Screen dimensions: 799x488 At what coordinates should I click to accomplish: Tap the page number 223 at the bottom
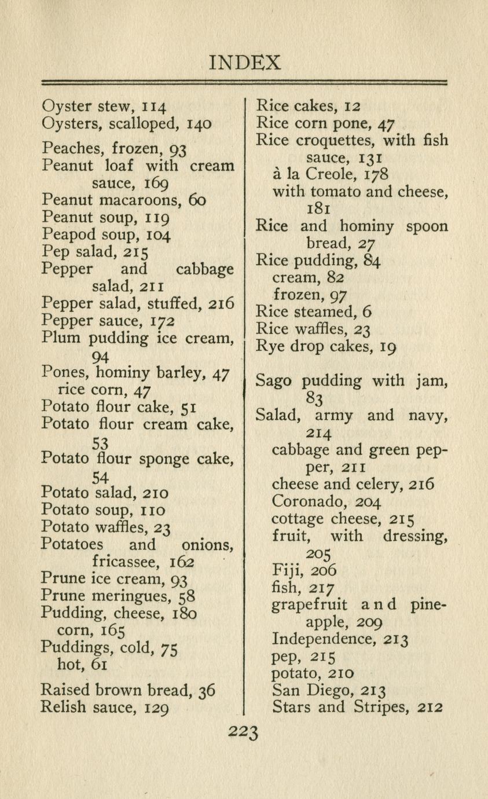(x=244, y=733)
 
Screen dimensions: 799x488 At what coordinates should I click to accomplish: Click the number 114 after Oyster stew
(x=155, y=107)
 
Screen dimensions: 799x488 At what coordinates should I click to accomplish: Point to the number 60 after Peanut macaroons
(x=197, y=201)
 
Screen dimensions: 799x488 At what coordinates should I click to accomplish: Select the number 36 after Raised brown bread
(x=207, y=690)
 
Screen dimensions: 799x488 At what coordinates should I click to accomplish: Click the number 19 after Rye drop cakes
(x=387, y=347)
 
